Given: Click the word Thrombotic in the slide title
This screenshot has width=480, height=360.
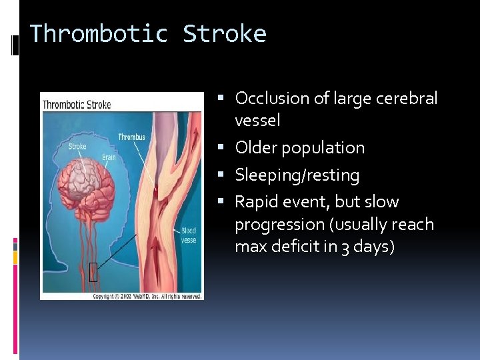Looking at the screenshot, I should pos(99,33).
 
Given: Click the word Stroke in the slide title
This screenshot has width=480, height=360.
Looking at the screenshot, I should pos(225,33).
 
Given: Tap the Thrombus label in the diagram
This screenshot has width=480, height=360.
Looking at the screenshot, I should pos(131,137).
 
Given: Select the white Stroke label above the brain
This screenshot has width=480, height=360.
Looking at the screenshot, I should pos(77,147).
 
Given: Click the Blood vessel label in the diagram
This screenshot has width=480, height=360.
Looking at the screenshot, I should pos(189,235).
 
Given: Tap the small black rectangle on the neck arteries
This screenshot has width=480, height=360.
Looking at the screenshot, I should pos(93,272).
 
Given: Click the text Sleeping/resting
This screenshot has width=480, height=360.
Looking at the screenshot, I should pos(297,175).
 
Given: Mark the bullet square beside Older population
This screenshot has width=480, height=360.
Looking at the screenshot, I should pos(227,148).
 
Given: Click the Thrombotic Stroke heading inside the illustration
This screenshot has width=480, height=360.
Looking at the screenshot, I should pos(77,105).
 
